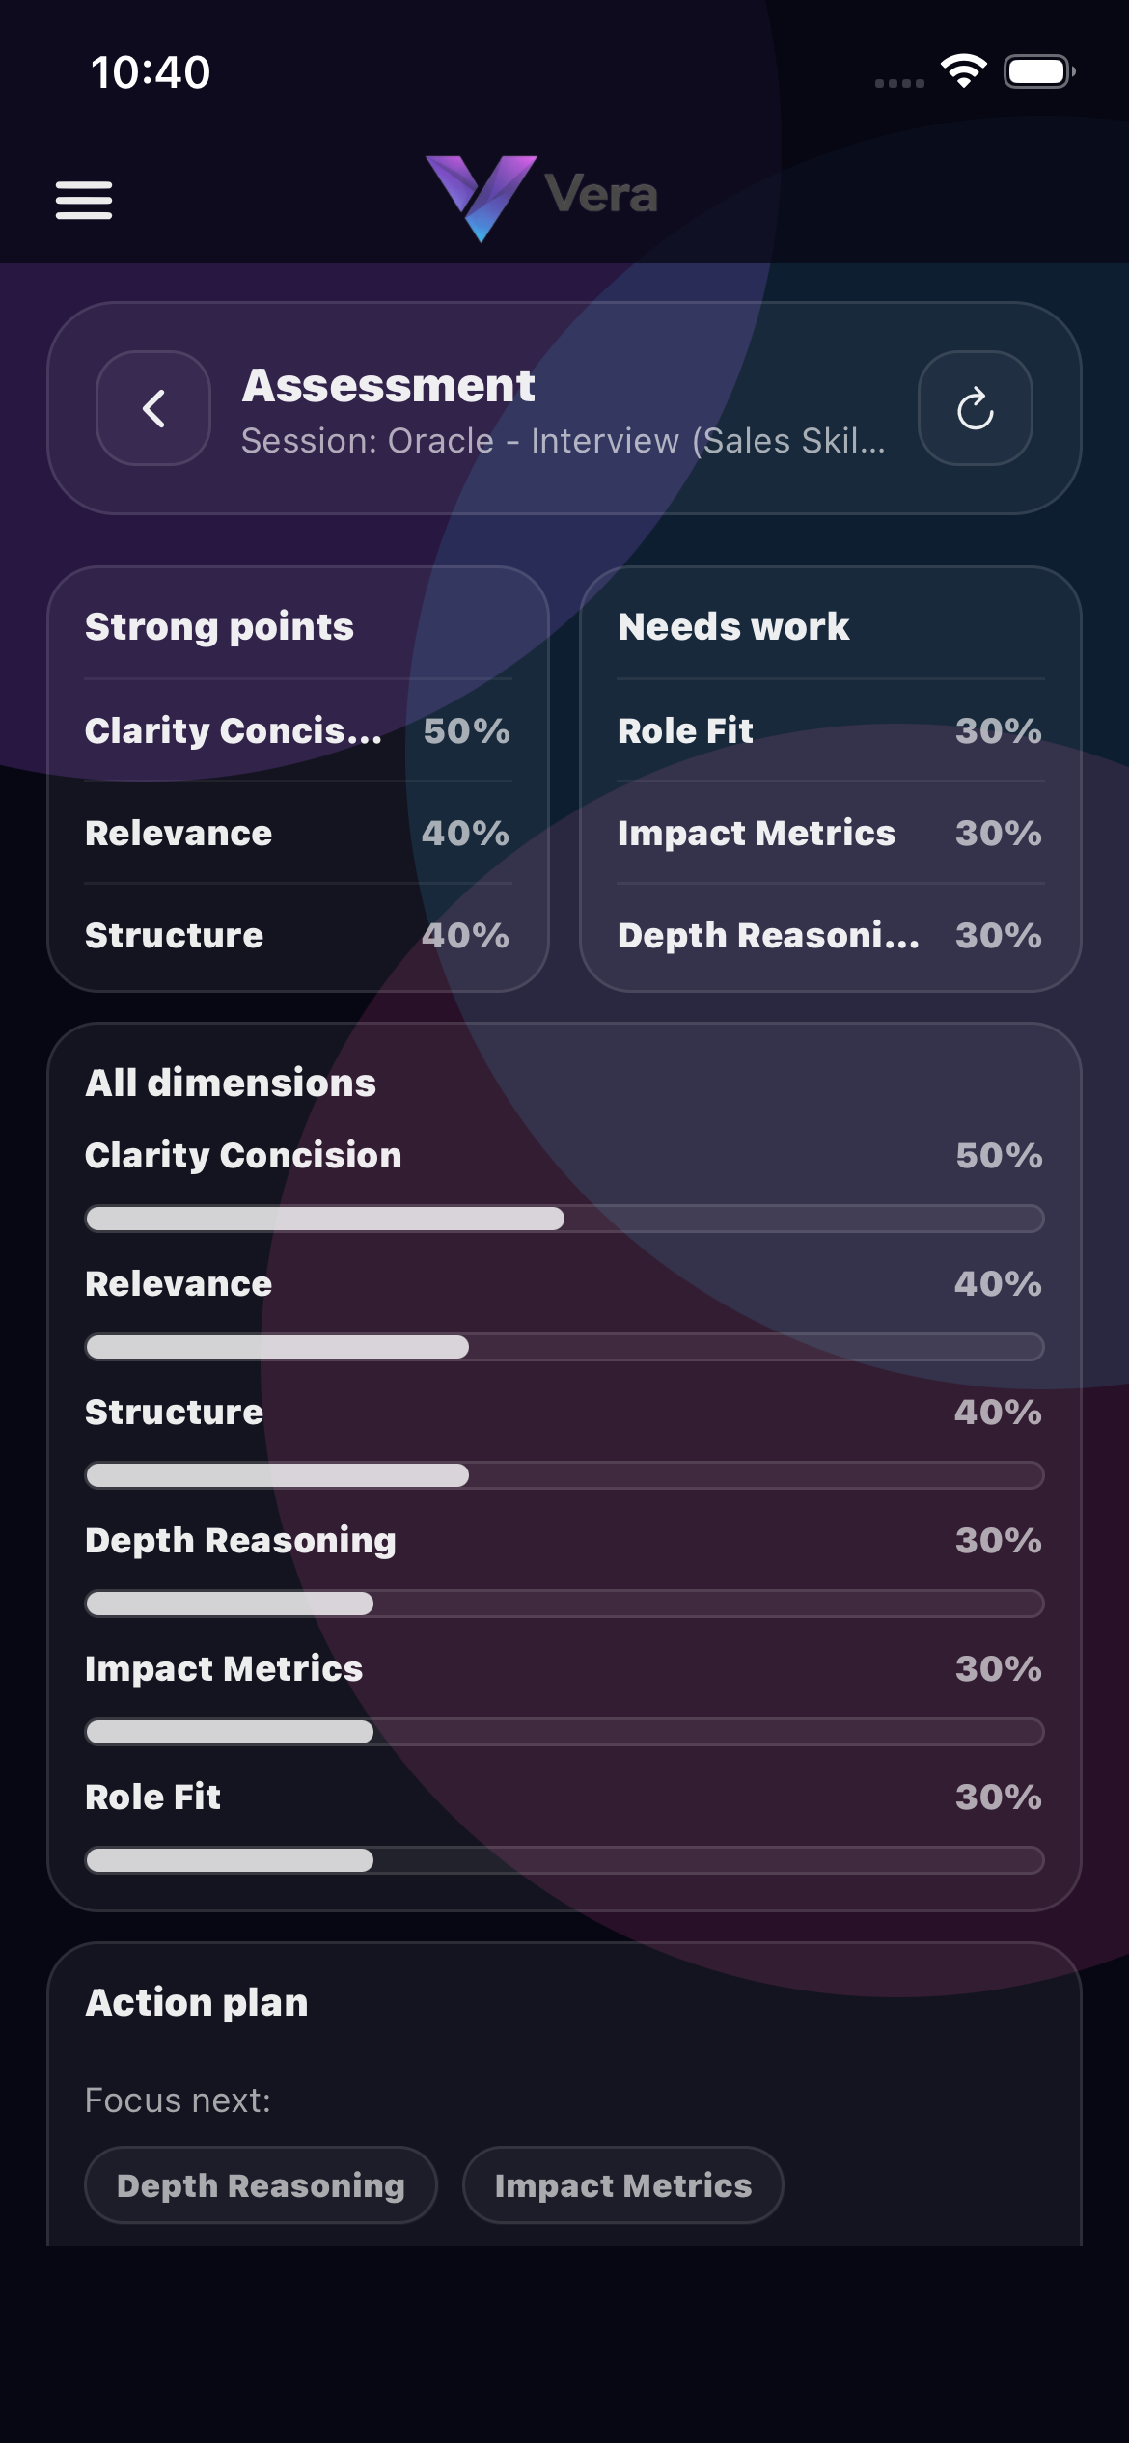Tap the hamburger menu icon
(x=84, y=200)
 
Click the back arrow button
(x=153, y=408)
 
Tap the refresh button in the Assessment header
(x=975, y=408)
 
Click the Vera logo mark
(x=481, y=197)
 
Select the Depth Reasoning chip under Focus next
(x=261, y=2185)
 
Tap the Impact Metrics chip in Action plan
(x=622, y=2185)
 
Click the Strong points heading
(x=219, y=627)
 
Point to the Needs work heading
(x=733, y=627)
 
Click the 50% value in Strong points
(x=466, y=731)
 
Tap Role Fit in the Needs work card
(x=685, y=731)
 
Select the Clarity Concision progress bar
(x=564, y=1219)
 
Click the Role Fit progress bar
(x=564, y=1860)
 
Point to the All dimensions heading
(x=231, y=1084)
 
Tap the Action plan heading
(x=197, y=2003)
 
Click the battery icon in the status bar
(x=1038, y=72)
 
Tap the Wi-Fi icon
(x=963, y=71)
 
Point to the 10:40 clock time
(x=151, y=72)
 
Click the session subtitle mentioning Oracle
(x=563, y=441)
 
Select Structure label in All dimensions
(x=174, y=1413)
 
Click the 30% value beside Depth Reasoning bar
(x=998, y=1541)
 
